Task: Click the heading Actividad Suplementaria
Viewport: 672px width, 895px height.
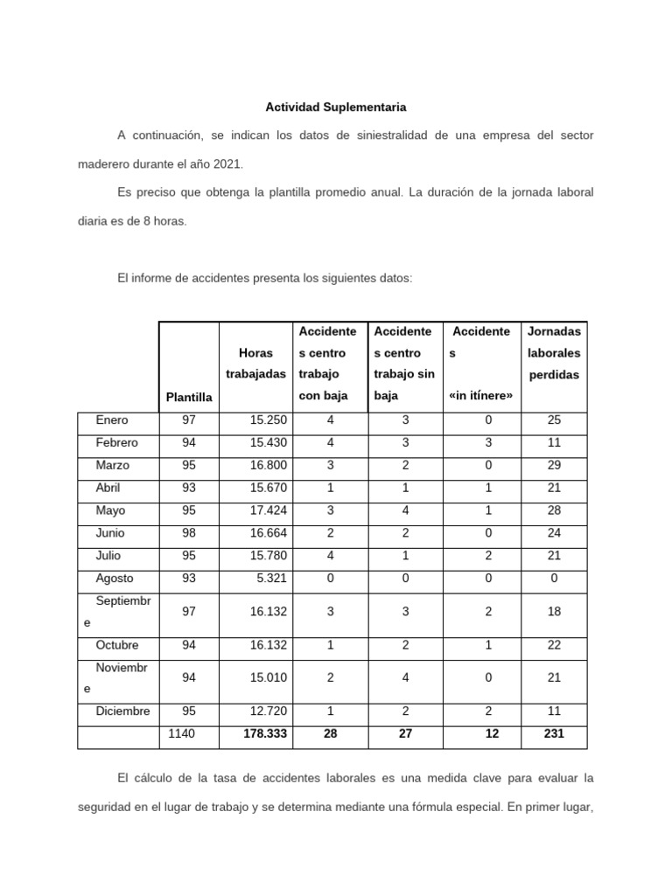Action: point(336,108)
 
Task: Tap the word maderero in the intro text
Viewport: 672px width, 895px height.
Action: point(106,163)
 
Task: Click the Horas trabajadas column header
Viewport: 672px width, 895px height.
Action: point(255,364)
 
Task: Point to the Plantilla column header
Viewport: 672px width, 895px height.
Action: point(189,397)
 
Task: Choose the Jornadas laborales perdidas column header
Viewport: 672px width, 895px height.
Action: point(554,353)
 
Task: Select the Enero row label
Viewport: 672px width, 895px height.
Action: point(111,420)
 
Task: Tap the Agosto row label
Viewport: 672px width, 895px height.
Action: point(115,578)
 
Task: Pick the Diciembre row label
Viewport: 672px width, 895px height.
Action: point(123,711)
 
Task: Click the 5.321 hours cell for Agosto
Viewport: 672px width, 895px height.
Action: point(269,578)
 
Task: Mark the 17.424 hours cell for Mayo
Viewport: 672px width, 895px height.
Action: point(268,510)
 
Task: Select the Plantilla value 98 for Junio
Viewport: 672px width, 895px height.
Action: point(189,533)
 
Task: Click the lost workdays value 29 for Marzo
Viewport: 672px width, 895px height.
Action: point(554,465)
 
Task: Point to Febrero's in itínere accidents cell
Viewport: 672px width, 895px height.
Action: point(488,443)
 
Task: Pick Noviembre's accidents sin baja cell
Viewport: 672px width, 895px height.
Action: point(405,677)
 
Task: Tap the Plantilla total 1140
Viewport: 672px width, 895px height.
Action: point(181,734)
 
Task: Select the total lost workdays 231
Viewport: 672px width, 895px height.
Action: point(554,734)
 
